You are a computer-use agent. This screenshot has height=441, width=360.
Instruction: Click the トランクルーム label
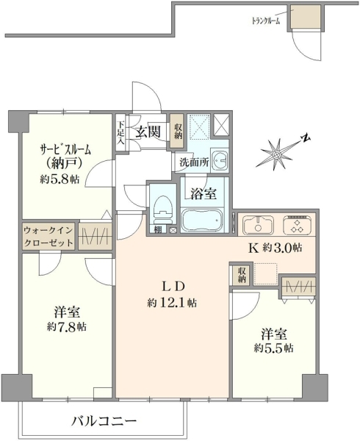265,21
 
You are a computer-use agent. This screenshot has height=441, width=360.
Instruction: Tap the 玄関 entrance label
148,132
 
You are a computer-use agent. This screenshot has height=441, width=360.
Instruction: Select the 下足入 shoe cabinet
120,133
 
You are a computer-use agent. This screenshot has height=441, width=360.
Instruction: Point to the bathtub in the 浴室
203,220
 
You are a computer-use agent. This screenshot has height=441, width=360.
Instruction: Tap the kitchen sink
258,225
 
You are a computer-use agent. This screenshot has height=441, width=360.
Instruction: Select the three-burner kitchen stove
298,226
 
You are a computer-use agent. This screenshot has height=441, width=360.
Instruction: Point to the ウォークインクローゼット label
48,236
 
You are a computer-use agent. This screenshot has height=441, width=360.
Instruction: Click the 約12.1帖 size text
172,303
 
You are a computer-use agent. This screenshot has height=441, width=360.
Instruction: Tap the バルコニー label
104,420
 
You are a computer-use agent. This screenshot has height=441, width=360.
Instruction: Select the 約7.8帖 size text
67,327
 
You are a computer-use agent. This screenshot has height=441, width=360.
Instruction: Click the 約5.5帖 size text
274,348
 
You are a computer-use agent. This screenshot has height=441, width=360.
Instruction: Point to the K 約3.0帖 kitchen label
276,248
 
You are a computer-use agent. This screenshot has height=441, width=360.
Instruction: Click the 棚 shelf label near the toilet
158,229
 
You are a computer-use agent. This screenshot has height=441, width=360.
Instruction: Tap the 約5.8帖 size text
60,179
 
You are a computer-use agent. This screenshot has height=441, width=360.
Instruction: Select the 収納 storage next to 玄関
177,131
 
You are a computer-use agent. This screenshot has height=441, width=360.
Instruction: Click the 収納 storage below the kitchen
242,274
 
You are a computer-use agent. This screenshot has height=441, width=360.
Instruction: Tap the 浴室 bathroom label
204,194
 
